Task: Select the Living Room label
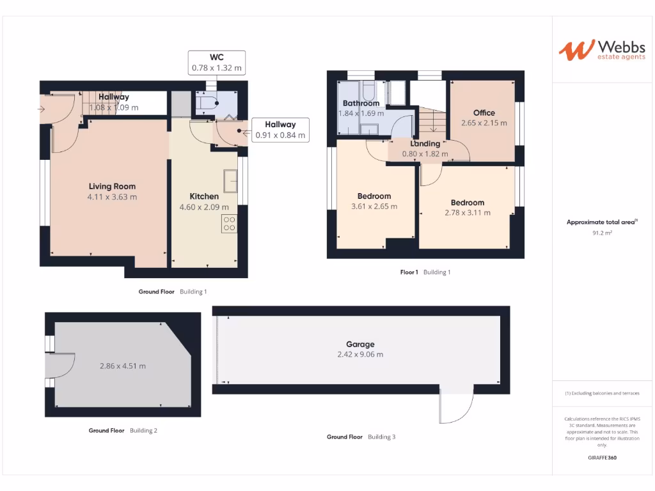[112, 187]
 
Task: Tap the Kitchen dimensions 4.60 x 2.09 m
[204, 207]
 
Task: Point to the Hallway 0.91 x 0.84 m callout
[280, 130]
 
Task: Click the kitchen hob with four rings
[229, 224]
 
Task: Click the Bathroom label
[361, 103]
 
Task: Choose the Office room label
[484, 113]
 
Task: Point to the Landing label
[425, 144]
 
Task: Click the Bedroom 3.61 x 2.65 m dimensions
[374, 207]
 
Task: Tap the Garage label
[361, 344]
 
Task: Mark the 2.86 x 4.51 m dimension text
[122, 366]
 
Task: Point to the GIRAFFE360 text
[601, 458]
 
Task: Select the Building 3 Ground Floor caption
[361, 437]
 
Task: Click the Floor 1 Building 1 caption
[425, 272]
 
